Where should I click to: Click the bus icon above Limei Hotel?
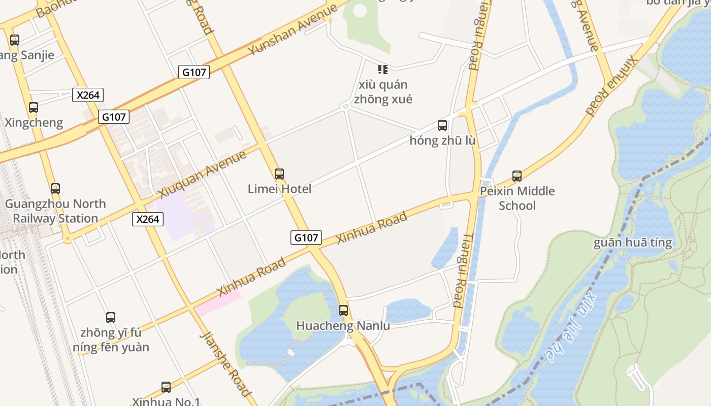coord(279,174)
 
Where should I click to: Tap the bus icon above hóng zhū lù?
coord(442,125)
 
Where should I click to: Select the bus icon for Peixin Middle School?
coord(517,176)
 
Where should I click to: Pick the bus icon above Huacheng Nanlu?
coord(343,310)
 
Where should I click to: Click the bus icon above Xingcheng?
coord(34,108)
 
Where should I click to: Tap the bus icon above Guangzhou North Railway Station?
coord(55,189)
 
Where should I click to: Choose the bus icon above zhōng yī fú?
coord(111,318)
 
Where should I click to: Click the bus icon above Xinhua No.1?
coord(166,387)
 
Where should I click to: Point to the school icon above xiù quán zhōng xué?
coord(382,69)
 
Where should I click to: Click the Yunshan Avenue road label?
coord(293,30)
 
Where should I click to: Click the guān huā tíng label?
coord(632,243)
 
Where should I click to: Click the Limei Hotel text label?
coord(279,189)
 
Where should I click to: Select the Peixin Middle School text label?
coord(517,198)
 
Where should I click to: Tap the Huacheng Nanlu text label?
coord(343,325)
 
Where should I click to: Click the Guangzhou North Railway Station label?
coord(55,211)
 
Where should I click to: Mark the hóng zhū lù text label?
coord(442,141)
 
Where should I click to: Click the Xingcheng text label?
coord(34,123)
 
